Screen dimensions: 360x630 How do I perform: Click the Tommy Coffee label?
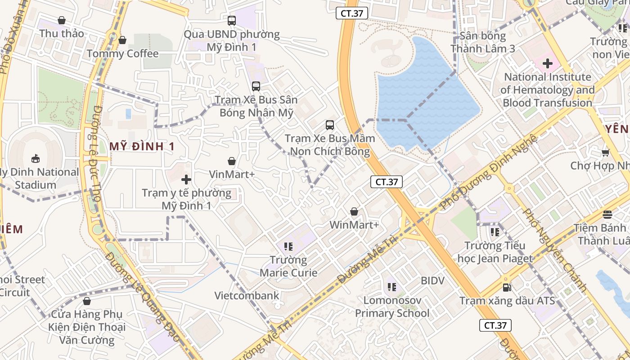(122, 54)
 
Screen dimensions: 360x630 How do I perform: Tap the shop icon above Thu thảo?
(62, 20)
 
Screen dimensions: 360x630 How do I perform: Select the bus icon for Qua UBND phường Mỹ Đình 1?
(232, 20)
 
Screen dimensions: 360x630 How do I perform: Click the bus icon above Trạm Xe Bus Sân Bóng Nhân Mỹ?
(256, 86)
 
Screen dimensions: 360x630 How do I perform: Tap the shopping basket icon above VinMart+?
(232, 161)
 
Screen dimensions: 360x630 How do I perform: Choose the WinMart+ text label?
(354, 225)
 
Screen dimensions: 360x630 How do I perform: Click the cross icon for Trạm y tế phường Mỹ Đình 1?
(186, 180)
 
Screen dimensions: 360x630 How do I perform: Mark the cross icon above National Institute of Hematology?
(547, 63)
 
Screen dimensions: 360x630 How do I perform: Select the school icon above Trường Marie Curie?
(288, 246)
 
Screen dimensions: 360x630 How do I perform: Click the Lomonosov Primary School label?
(392, 306)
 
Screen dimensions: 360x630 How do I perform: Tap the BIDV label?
(432, 281)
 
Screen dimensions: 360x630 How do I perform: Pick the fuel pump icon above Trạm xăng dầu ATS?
(507, 287)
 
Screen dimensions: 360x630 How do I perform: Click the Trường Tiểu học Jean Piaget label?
(495, 252)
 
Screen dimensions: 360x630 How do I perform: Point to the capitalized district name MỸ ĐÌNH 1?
(142, 146)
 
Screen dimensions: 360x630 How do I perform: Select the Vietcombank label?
(247, 296)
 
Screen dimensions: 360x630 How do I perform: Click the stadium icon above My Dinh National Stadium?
(35, 158)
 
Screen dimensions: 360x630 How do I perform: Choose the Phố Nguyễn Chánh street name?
(555, 250)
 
